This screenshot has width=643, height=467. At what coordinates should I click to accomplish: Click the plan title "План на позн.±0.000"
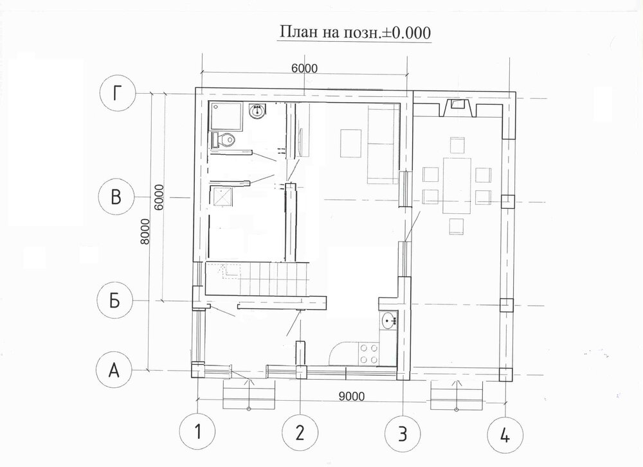[x=355, y=32]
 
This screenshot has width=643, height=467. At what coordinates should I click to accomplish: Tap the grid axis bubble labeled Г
[x=117, y=94]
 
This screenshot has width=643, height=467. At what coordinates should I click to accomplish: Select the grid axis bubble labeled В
[x=116, y=197]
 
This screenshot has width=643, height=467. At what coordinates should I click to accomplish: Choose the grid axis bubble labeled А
[x=114, y=371]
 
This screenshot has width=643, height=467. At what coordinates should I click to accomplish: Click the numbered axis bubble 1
[x=198, y=432]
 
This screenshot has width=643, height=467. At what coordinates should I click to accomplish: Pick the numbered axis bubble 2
[x=300, y=432]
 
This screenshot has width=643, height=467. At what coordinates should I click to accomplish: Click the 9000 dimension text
[x=352, y=396]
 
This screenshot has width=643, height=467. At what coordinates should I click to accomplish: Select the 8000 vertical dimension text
[x=145, y=231]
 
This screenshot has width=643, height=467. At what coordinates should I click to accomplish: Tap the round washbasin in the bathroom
[x=257, y=110]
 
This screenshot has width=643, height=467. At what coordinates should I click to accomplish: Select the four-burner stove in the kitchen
[x=369, y=353]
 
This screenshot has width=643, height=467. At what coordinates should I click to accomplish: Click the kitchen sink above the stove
[x=389, y=321]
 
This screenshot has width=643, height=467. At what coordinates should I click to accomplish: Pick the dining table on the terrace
[x=457, y=186]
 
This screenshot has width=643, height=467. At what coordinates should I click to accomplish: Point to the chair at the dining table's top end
[x=457, y=145]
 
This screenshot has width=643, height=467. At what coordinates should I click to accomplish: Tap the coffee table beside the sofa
[x=350, y=143]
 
